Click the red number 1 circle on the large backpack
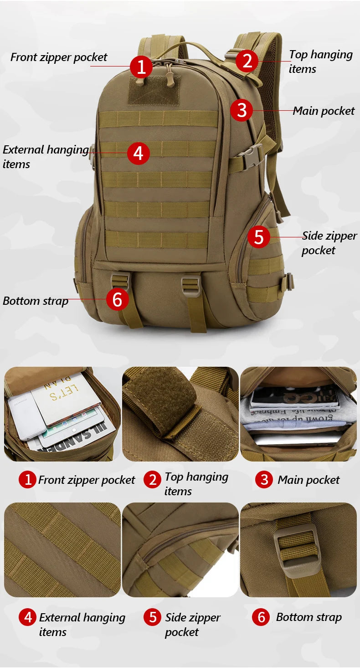pyautogui.click(x=141, y=67)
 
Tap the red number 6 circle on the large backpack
pyautogui.click(x=117, y=299)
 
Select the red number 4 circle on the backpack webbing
pyautogui.click(x=138, y=153)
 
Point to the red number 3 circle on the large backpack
pyautogui.click(x=241, y=110)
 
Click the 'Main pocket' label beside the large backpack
pyautogui.click(x=323, y=111)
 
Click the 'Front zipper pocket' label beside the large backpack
pyautogui.click(x=59, y=57)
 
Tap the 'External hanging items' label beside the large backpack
pyautogui.click(x=46, y=157)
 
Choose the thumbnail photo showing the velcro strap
pyautogui.click(x=180, y=414)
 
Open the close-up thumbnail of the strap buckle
pyautogui.click(x=298, y=549)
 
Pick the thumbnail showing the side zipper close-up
pyautogui.click(x=180, y=549)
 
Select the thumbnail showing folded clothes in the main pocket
pyautogui.click(x=298, y=414)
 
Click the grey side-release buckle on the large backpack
pyautogui.click(x=250, y=157)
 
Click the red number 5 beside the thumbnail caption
pyautogui.click(x=152, y=617)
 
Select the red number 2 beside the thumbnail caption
pyautogui.click(x=152, y=480)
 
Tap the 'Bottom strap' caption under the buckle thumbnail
pyautogui.click(x=309, y=617)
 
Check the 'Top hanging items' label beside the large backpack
pyautogui.click(x=320, y=62)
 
